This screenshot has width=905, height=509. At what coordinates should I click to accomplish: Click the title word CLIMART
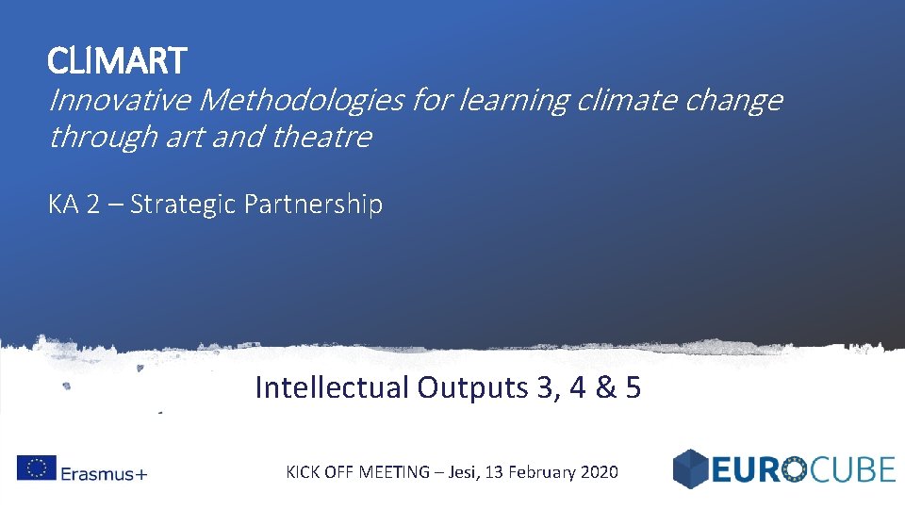pyautogui.click(x=118, y=62)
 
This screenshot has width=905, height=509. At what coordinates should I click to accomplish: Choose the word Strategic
pyautogui.click(x=186, y=205)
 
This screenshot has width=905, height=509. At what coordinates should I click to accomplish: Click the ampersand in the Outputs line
pyautogui.click(x=601, y=387)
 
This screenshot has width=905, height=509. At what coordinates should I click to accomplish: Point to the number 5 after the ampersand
pyautogui.click(x=633, y=387)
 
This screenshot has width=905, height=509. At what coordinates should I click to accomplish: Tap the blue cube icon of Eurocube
pyautogui.click(x=691, y=468)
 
